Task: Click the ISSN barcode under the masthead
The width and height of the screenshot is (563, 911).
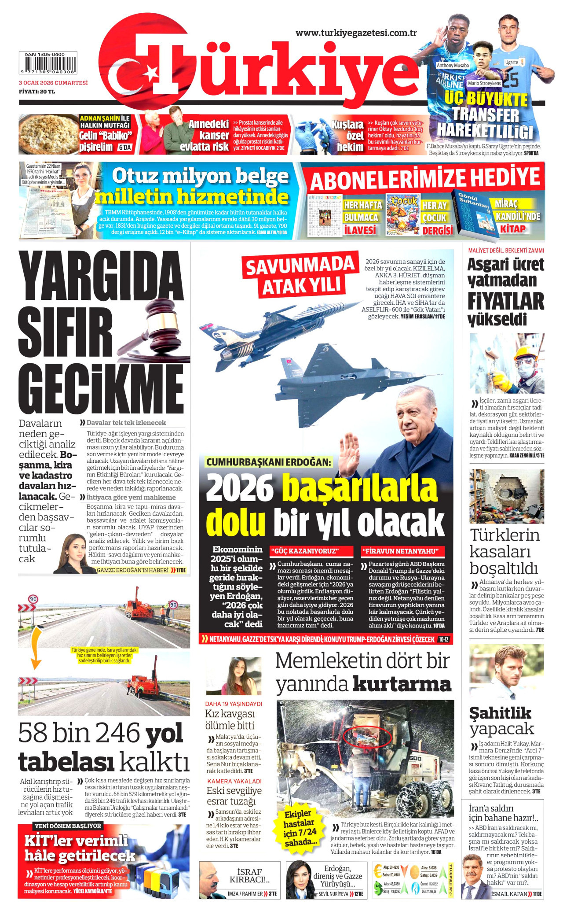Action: click(48, 63)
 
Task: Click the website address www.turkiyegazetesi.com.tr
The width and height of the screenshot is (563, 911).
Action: click(356, 33)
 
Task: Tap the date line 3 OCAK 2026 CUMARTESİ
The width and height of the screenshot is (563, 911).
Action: click(53, 83)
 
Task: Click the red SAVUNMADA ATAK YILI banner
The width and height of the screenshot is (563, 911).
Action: click(300, 275)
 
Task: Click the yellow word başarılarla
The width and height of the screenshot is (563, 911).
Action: click(359, 487)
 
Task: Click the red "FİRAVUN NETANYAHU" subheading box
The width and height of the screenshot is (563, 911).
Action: click(402, 551)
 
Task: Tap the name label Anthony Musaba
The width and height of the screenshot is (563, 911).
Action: click(453, 65)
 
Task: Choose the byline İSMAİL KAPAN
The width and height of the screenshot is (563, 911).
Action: click(509, 894)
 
